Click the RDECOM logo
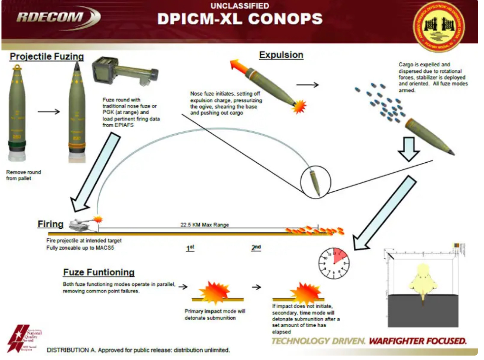coord(57,17)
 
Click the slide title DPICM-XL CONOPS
coord(240,19)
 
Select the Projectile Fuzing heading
coord(47,56)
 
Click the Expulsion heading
coord(281,55)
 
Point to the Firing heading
coord(51,224)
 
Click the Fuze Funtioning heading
coord(99,272)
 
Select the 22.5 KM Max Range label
coord(205,225)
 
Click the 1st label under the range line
coord(190,248)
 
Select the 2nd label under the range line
coord(256,247)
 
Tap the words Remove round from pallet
coord(24,175)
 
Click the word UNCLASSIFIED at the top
coord(240,6)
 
